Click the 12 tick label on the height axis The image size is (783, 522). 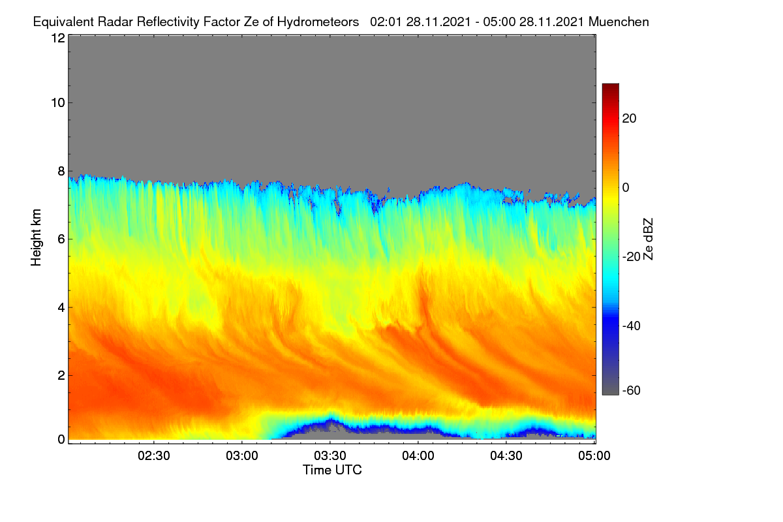point(58,38)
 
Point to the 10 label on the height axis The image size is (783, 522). point(58,103)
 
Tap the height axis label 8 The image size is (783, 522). point(61,171)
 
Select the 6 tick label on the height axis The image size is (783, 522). point(61,239)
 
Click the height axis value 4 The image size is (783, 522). point(61,308)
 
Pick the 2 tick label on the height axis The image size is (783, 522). point(61,375)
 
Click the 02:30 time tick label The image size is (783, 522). point(154,455)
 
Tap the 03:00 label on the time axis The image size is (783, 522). point(242,455)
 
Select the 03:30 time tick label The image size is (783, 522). point(330,455)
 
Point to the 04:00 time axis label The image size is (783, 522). point(418,455)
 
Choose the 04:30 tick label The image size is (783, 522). point(506,455)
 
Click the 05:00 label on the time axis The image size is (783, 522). point(594,455)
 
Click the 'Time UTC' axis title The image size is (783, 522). point(332,470)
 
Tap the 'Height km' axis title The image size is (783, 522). point(36,238)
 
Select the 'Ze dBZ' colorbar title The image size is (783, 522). point(648,239)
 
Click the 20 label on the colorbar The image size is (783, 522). point(629,119)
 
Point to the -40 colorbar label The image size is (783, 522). point(632,326)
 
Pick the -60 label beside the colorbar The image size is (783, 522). point(632,390)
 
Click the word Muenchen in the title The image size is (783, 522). point(619,22)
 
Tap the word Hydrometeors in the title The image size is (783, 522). point(318,22)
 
